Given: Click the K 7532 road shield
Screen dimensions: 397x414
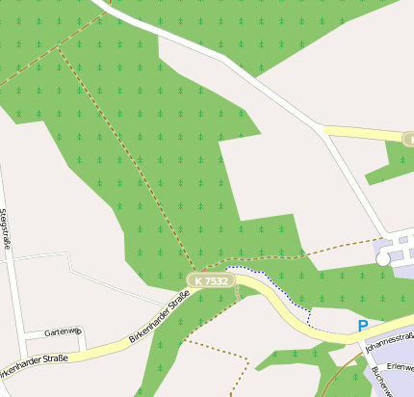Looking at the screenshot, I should (x=209, y=280).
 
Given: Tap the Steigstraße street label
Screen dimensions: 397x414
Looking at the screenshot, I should (x=5, y=227).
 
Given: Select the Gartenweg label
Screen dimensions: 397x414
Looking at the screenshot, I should (x=65, y=331).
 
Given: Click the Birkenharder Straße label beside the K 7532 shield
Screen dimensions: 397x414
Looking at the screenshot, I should (x=157, y=321).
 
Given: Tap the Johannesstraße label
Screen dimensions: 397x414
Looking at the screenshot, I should (x=389, y=338).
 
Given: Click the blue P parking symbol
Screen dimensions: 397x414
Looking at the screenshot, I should (x=363, y=326).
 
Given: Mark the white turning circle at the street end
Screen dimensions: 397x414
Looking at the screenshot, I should (x=383, y=258).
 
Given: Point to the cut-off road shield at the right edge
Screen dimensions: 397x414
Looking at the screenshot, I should (x=407, y=140).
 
